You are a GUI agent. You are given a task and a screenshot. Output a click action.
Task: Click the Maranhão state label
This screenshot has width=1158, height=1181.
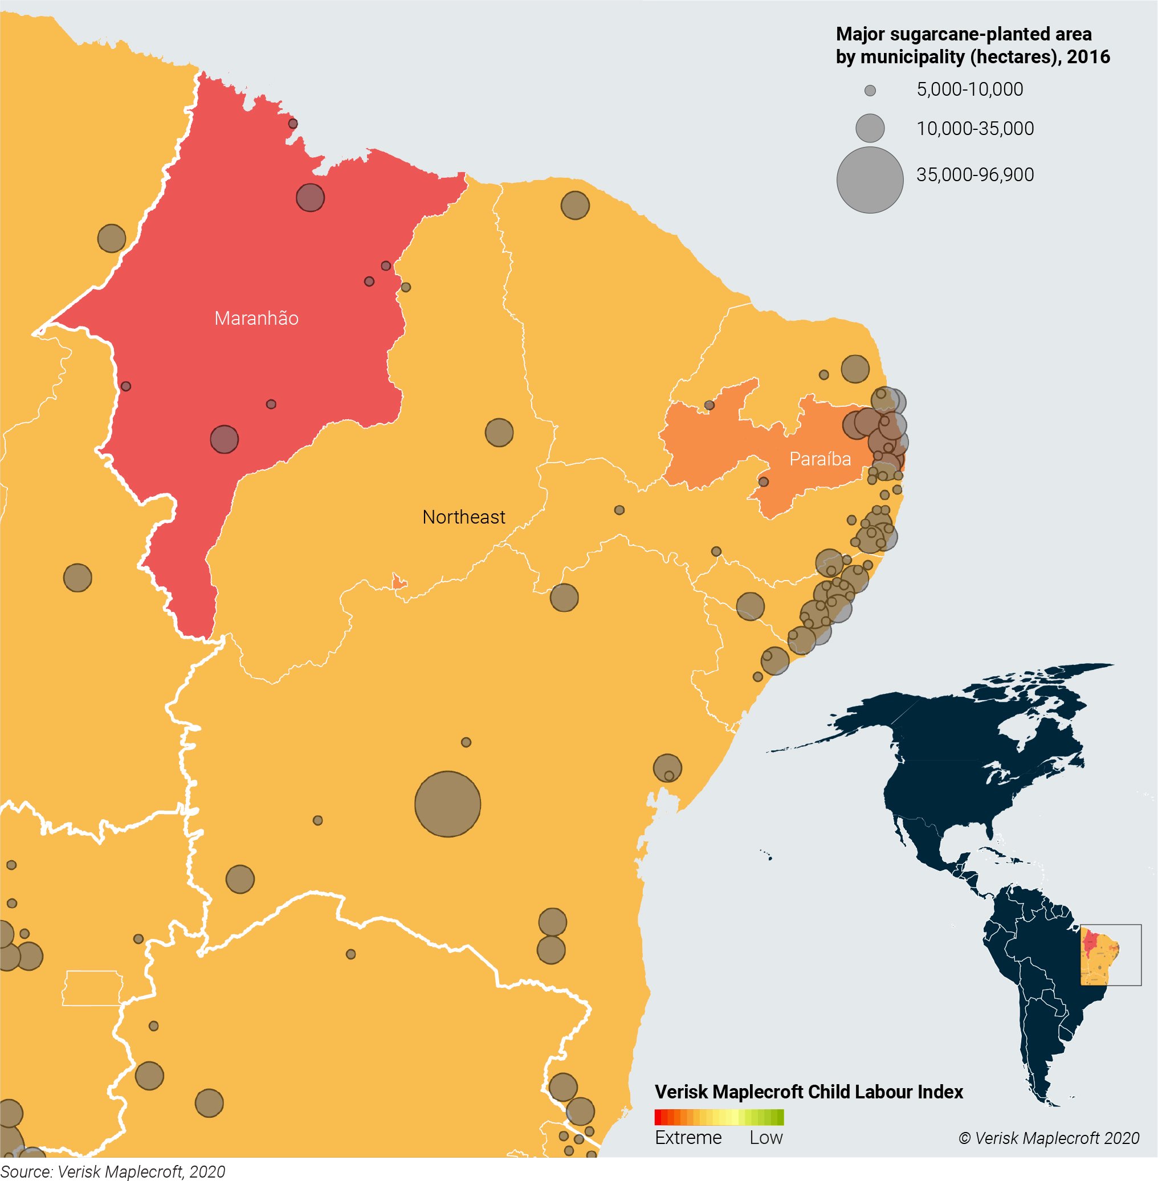256,318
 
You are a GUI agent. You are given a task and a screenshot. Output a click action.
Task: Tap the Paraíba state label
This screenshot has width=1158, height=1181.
820,459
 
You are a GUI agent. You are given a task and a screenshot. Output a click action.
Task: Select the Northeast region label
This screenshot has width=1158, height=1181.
463,517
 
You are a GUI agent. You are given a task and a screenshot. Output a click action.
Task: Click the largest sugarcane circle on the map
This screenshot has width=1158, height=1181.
447,804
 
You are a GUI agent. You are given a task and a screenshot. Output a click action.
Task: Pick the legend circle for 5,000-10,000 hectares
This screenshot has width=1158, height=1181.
870,91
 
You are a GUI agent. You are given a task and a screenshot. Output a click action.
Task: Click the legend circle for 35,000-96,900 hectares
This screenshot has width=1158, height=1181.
870,179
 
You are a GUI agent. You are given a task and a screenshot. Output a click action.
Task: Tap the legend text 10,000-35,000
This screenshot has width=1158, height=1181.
974,128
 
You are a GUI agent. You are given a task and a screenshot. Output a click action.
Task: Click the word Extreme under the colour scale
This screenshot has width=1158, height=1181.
688,1137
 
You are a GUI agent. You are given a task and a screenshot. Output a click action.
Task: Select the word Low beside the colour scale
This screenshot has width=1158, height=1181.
766,1137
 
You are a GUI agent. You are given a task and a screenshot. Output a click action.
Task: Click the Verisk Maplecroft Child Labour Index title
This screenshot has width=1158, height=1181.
808,1092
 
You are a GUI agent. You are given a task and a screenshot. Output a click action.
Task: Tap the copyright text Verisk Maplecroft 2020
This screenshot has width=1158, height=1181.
1049,1138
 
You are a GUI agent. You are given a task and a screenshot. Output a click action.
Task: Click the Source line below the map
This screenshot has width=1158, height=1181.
112,1171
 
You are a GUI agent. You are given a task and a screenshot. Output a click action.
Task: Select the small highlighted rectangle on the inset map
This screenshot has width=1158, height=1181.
1111,954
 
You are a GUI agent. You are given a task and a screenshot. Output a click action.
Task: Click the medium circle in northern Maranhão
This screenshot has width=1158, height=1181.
310,198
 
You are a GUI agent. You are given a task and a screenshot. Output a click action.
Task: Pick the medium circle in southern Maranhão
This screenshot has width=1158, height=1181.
225,439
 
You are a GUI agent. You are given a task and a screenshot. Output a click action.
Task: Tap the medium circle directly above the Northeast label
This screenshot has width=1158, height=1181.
499,432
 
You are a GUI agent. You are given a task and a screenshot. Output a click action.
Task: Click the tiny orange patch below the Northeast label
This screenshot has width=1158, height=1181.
399,582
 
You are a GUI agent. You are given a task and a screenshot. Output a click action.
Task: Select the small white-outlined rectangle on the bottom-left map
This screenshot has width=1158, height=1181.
92,988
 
